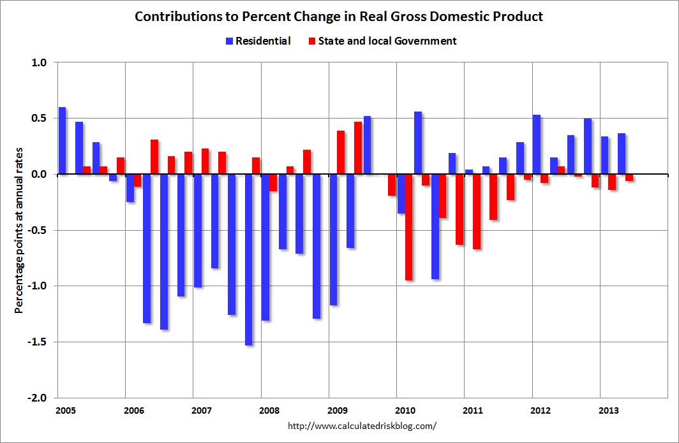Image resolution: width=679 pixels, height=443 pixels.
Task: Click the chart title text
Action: pos(339,17)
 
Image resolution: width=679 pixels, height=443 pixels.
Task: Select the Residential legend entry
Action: pos(258,41)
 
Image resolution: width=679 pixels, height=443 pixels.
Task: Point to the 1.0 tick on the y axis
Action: pos(40,62)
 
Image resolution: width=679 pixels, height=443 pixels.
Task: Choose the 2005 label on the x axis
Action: pos(64,410)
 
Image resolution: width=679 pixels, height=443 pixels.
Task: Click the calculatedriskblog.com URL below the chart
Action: pos(362,425)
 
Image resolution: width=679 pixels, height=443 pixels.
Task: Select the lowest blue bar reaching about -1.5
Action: pos(248,259)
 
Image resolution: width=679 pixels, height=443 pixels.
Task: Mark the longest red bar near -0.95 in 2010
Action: pos(408,227)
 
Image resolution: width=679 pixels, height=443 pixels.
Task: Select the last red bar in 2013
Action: pos(629,178)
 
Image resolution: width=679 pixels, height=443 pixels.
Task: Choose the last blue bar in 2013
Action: pos(621,154)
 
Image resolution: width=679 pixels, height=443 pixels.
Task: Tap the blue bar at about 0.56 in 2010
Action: pos(418,143)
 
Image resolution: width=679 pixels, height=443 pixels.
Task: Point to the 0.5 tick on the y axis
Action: pos(40,119)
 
